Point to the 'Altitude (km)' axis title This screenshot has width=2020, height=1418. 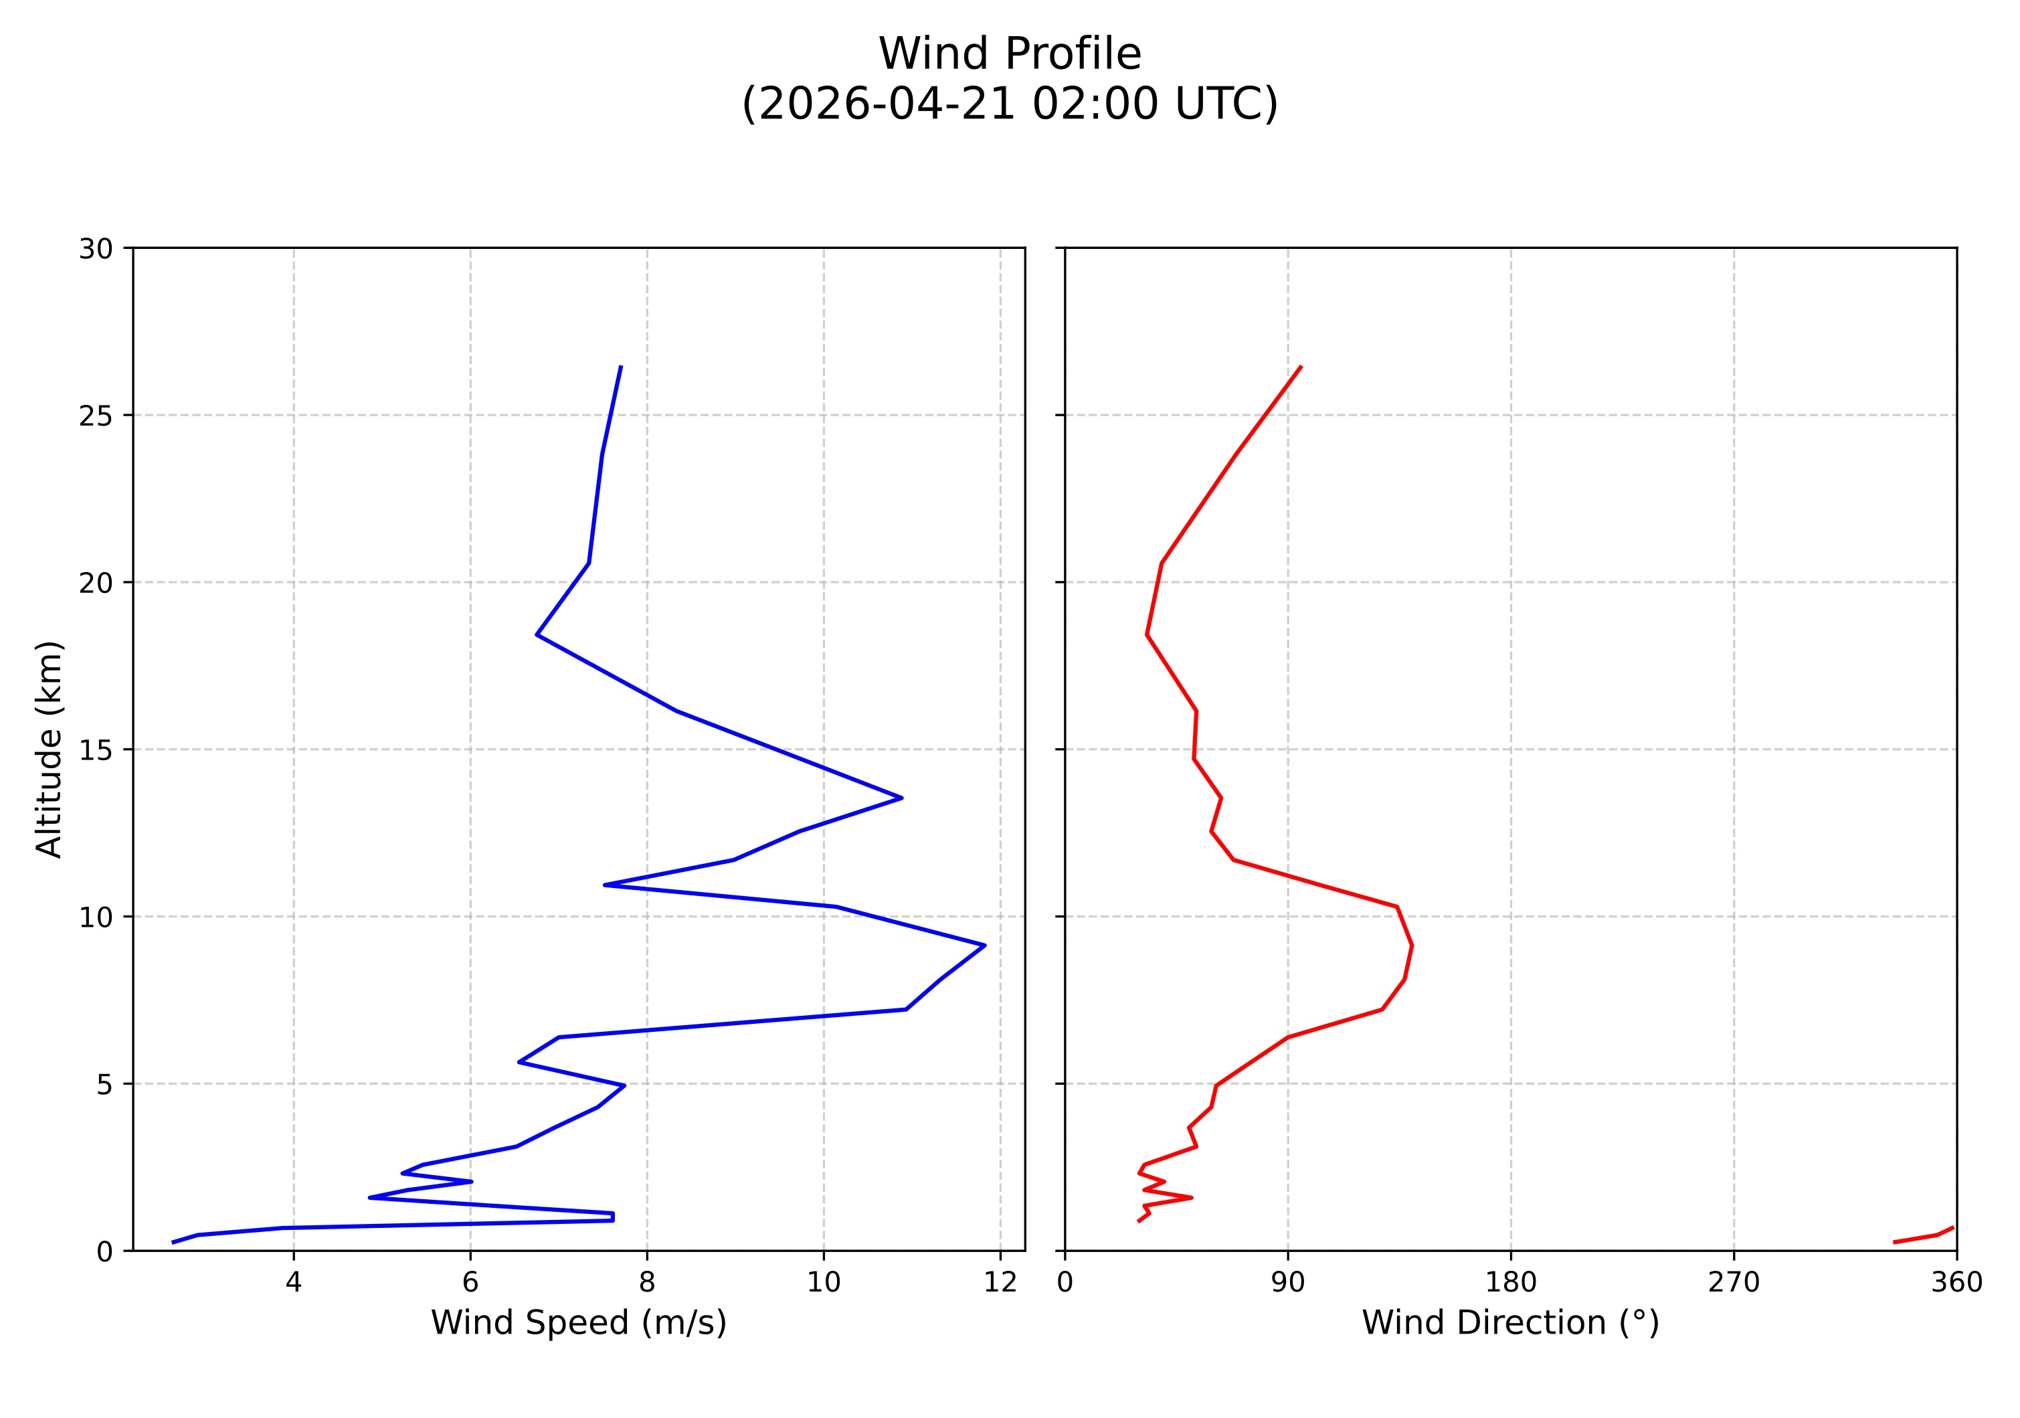[x=50, y=749]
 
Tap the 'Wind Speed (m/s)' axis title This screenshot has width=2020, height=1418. [x=578, y=1322]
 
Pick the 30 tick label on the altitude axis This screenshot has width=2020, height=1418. [x=96, y=250]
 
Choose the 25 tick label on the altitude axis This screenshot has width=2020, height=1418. [x=96, y=416]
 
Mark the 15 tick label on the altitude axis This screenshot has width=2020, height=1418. [x=96, y=750]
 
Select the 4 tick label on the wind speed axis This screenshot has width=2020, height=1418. [x=294, y=1283]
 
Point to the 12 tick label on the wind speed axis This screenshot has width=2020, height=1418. [x=1000, y=1283]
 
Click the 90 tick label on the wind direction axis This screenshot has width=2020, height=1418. [x=1288, y=1283]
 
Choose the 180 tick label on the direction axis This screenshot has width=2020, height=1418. [x=1511, y=1283]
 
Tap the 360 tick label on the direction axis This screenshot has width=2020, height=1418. [x=1956, y=1283]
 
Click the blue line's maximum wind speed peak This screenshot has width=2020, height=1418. [x=984, y=945]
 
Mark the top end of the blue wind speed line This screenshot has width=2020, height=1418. [x=621, y=366]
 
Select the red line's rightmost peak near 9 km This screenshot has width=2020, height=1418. [x=1411, y=946]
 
